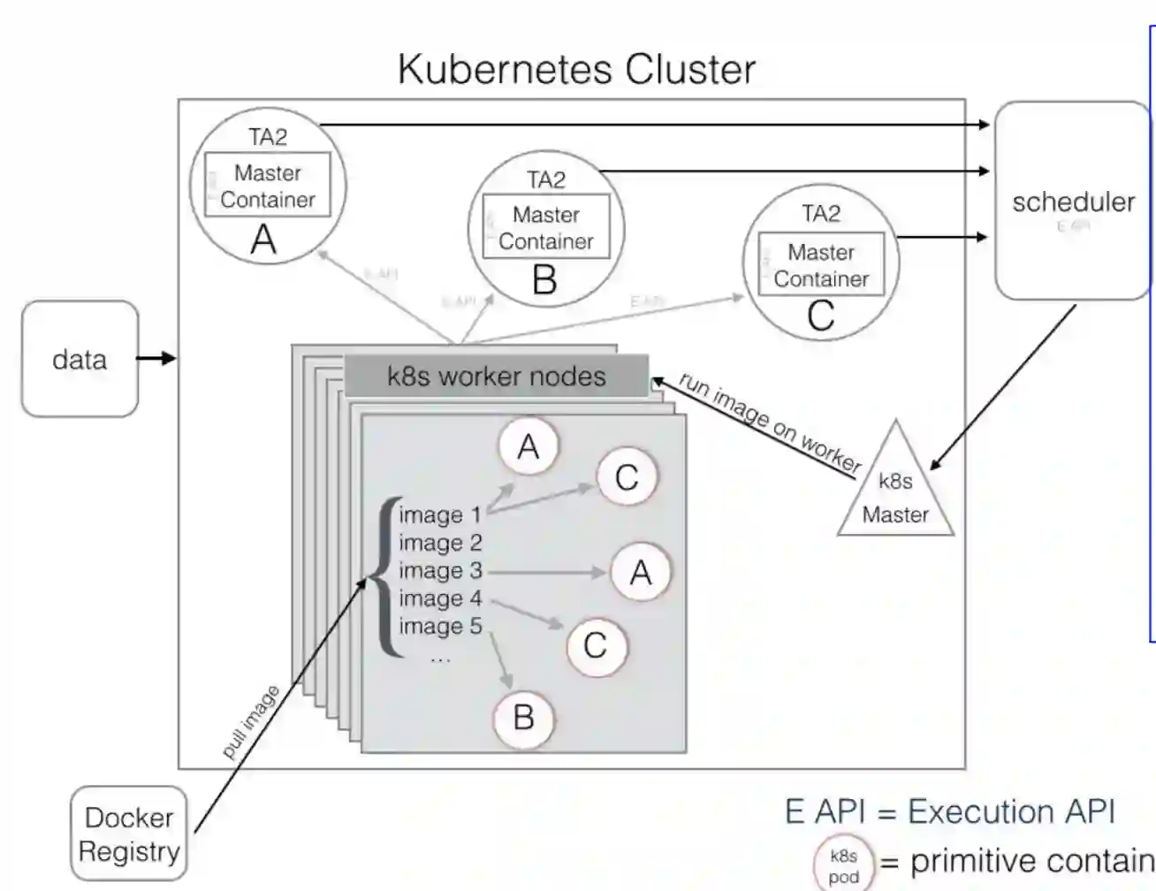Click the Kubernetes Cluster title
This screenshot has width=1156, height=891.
click(x=576, y=69)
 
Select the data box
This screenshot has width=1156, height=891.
click(x=80, y=359)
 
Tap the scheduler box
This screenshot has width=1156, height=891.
click(x=1072, y=202)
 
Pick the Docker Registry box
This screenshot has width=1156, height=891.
click(x=129, y=834)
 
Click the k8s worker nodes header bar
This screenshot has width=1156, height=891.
click(x=496, y=377)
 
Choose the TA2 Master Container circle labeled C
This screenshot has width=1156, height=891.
click(x=821, y=262)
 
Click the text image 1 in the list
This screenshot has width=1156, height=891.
click(x=440, y=514)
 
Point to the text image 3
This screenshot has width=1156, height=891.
click(x=440, y=571)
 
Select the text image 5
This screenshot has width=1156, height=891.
click(x=440, y=627)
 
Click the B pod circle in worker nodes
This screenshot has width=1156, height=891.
click(x=523, y=717)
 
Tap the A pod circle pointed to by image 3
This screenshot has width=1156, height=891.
click(x=640, y=573)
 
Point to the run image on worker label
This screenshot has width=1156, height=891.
click(x=769, y=423)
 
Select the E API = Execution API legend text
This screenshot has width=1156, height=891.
click(x=950, y=811)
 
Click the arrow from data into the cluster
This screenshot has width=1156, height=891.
click(x=157, y=358)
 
